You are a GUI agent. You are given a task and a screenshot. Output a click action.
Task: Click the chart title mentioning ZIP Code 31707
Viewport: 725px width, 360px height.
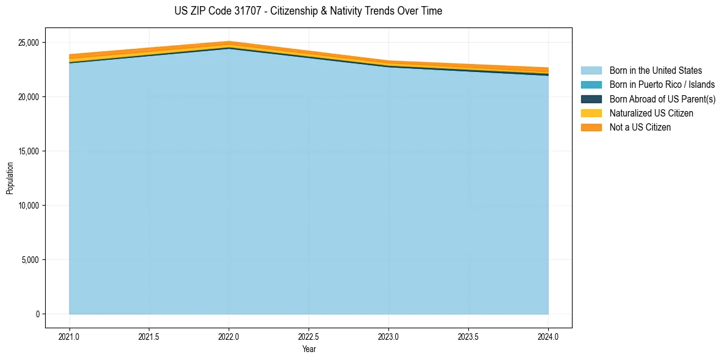308,11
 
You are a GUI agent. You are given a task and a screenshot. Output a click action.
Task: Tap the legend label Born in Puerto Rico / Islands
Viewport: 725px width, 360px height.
662,85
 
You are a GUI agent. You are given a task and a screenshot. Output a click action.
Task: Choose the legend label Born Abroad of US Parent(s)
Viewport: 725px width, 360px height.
662,99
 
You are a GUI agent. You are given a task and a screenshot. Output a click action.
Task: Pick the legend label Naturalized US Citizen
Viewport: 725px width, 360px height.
651,113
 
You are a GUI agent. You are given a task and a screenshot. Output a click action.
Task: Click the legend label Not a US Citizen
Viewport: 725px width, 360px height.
640,128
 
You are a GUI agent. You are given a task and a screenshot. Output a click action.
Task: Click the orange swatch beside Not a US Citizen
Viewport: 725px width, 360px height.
591,128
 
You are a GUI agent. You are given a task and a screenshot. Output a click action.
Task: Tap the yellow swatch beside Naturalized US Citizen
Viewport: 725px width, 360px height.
591,113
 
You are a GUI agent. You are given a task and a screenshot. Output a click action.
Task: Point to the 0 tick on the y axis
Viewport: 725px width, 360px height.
37,314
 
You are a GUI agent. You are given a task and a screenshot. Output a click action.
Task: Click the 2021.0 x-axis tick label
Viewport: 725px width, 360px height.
70,336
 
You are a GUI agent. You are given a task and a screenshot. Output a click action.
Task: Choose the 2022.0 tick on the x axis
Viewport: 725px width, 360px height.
229,336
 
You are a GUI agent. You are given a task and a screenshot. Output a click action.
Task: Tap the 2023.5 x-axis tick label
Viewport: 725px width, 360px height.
468,336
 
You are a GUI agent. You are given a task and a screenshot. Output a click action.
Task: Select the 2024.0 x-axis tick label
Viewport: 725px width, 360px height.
548,336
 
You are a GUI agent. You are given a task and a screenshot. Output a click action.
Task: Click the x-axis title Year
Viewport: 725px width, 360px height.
309,349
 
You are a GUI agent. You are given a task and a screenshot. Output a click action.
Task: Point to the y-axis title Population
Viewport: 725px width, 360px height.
10,178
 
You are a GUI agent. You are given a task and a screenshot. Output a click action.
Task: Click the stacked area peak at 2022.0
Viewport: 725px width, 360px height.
229,42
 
